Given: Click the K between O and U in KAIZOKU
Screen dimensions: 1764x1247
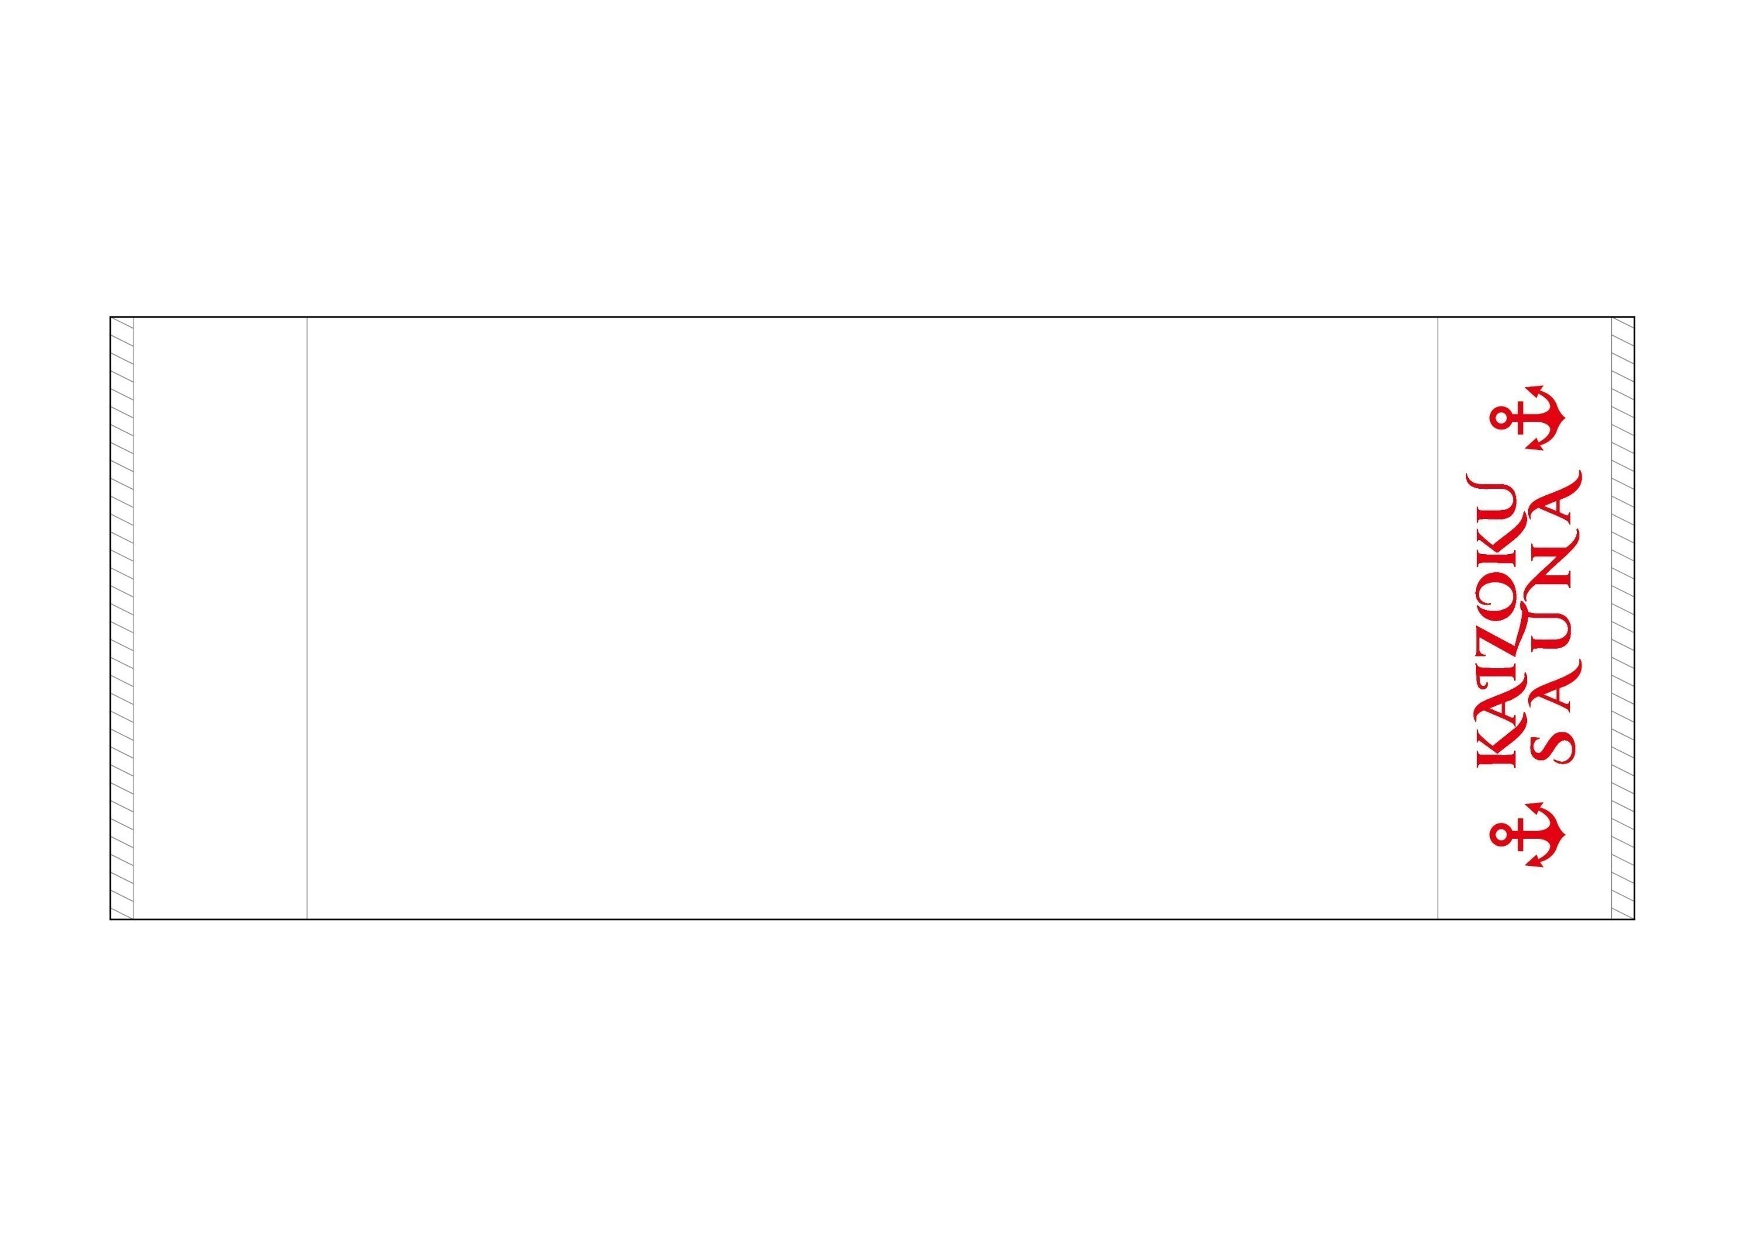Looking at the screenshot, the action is [x=1494, y=547].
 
